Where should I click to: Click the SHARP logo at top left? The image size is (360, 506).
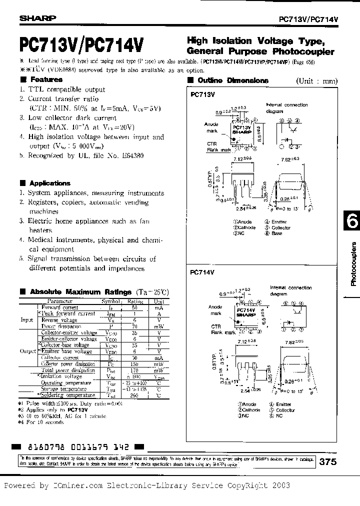(38, 18)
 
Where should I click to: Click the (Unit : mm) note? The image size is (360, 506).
(316, 81)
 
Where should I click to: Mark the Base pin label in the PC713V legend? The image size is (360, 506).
(277, 233)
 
